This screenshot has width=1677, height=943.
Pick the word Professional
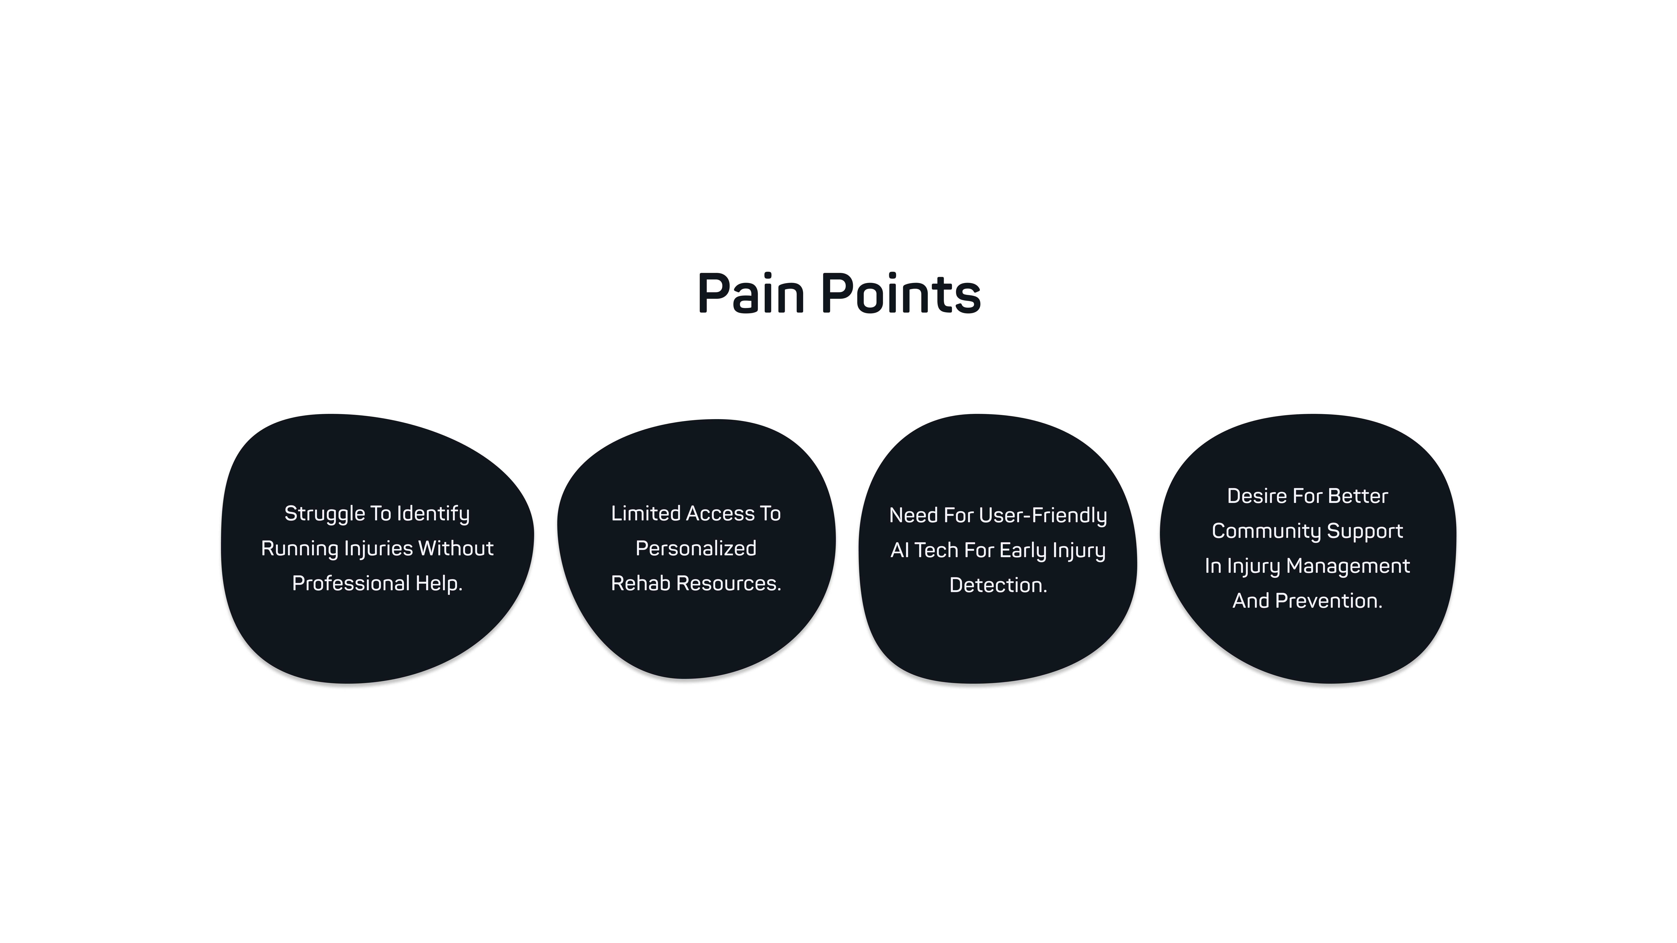tap(350, 583)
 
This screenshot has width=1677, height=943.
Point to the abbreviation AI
tap(900, 551)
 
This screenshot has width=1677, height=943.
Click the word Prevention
tap(1328, 601)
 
